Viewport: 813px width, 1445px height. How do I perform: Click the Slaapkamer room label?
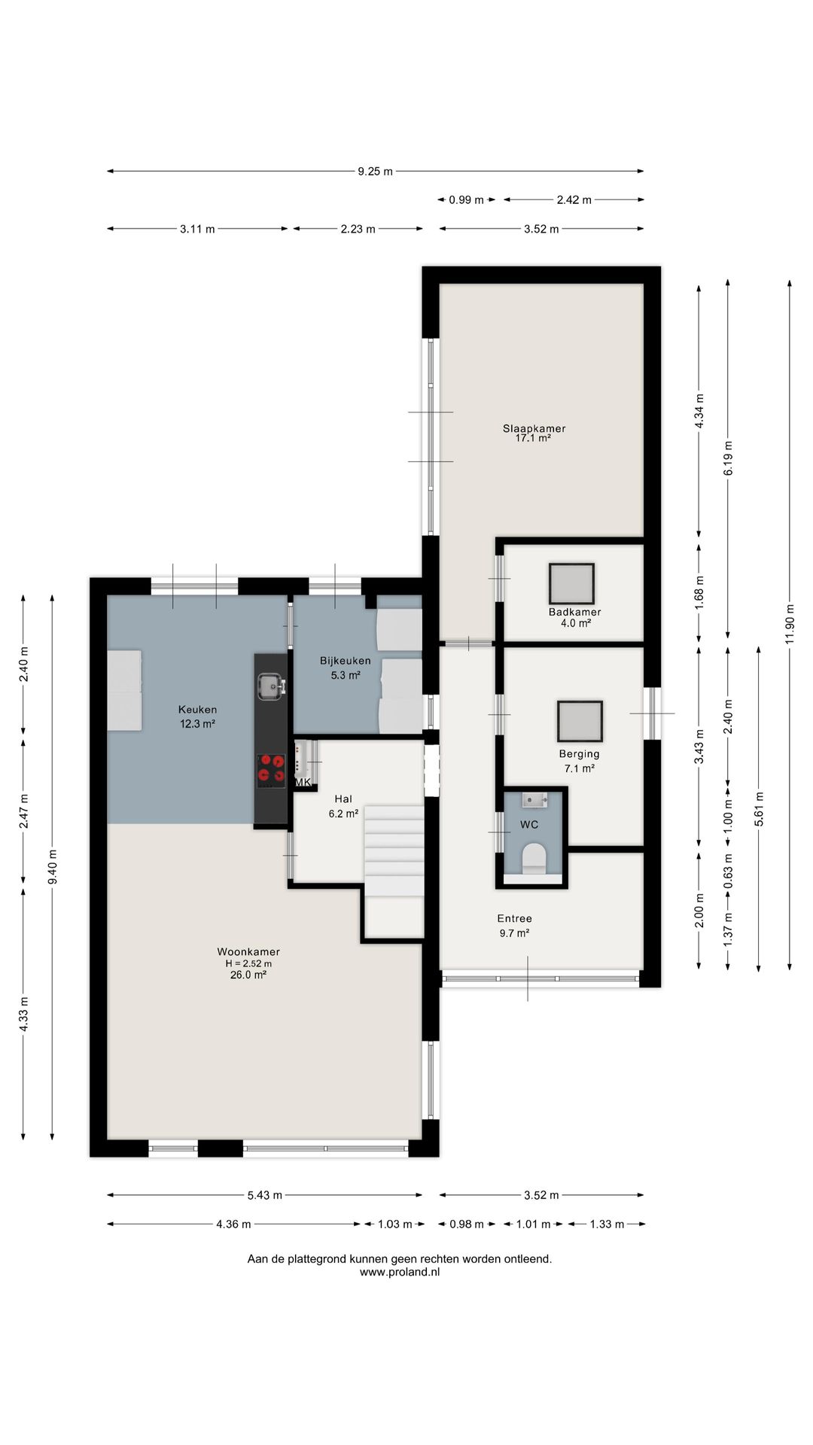coord(534,428)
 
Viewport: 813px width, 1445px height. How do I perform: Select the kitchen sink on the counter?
coord(270,686)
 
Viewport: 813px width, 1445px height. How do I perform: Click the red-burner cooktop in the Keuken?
coord(271,770)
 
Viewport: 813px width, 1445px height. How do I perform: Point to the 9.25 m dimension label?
coord(375,171)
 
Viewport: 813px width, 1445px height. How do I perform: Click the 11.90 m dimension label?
coord(789,624)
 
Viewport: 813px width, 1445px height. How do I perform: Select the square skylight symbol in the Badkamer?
coord(571,584)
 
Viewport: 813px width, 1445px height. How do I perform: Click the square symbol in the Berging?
coord(580,721)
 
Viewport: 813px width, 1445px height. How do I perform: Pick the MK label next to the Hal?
coord(303,782)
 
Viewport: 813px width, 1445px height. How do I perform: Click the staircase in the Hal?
coord(394,850)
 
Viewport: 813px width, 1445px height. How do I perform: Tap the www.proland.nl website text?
coord(400,1272)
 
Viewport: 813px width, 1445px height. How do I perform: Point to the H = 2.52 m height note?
coord(248,963)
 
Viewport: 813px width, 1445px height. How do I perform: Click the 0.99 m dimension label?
coord(466,199)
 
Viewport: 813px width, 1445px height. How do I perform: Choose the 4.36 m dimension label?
coord(233,1224)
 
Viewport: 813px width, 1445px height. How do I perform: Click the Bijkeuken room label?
coord(345,661)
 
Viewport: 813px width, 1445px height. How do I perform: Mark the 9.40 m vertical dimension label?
coord(52,868)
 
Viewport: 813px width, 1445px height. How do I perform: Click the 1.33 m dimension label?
coord(607,1224)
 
